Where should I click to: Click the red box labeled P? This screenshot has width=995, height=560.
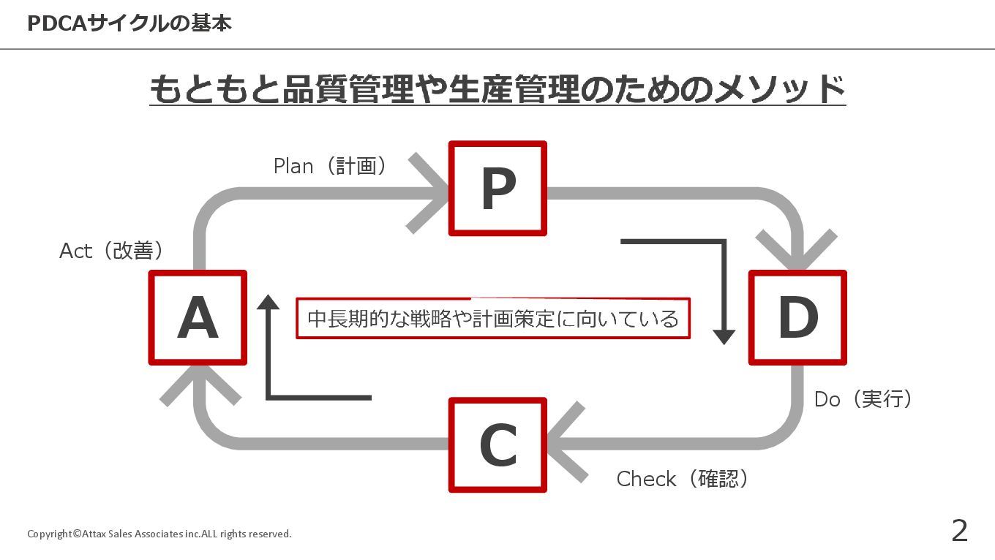click(x=497, y=189)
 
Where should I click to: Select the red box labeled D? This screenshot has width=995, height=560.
click(x=797, y=317)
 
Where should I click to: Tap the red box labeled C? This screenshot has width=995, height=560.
click(x=497, y=444)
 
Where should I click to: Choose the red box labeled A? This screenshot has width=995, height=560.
click(x=198, y=317)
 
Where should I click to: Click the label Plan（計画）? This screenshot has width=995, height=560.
click(x=330, y=166)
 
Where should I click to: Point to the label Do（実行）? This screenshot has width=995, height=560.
click(x=863, y=399)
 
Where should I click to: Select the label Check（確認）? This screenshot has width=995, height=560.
click(x=683, y=479)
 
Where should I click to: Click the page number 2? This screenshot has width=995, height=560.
click(x=959, y=531)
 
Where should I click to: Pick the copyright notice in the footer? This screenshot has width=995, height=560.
click(x=159, y=534)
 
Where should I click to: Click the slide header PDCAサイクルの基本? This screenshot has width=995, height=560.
click(x=129, y=23)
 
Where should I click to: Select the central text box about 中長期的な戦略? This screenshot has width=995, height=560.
click(x=493, y=318)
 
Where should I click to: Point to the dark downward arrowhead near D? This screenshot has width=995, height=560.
click(x=724, y=336)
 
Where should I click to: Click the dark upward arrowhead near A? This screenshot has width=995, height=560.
click(x=269, y=302)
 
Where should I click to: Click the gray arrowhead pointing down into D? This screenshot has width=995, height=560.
click(x=797, y=252)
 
